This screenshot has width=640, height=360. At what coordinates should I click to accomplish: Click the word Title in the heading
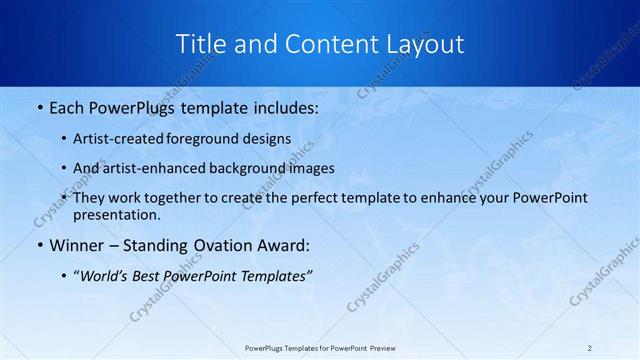tap(200, 44)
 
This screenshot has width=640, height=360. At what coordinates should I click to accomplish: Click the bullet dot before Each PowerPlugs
tap(38, 105)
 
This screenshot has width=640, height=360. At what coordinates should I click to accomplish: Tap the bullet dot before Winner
tap(38, 245)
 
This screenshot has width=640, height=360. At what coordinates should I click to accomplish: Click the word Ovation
tap(211, 245)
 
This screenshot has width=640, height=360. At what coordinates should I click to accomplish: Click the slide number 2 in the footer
tap(590, 348)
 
